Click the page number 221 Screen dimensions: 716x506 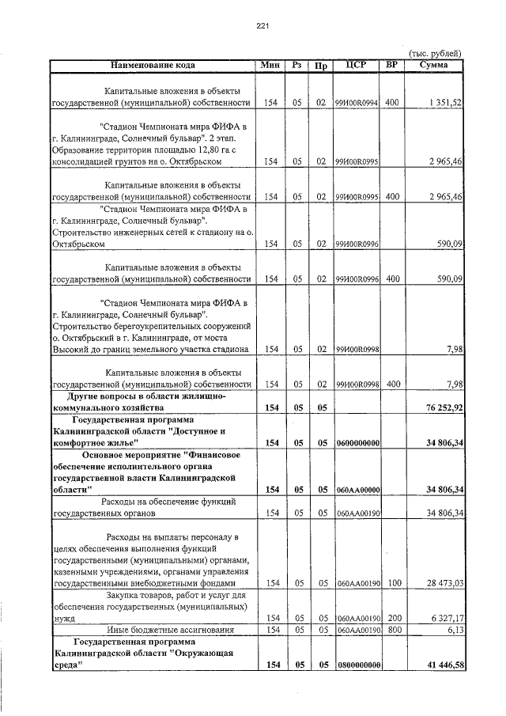coord(263,26)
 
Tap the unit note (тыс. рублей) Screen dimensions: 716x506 coord(436,53)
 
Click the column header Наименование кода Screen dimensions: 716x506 coord(152,65)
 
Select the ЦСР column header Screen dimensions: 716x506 coord(357,65)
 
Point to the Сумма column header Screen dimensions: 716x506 coord(434,65)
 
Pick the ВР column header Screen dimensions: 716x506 coord(392,65)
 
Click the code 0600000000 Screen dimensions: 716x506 coord(357,444)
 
